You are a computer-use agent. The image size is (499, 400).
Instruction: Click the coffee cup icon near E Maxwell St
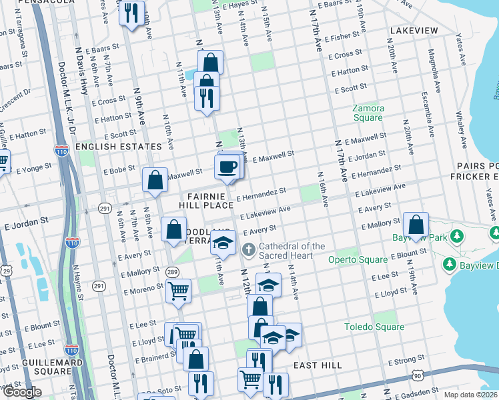(x=227, y=166)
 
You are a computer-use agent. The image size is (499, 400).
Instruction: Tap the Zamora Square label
(x=368, y=113)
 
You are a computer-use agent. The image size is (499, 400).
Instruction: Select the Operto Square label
(x=358, y=259)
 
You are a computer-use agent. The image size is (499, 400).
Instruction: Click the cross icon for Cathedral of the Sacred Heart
(x=249, y=251)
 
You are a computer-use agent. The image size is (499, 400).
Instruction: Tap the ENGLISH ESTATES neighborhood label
(x=119, y=146)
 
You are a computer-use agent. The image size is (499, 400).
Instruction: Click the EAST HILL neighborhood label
(x=317, y=365)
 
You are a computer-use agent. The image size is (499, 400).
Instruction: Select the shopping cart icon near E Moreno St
(x=178, y=291)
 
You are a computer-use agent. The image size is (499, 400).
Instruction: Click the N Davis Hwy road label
(x=83, y=80)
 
